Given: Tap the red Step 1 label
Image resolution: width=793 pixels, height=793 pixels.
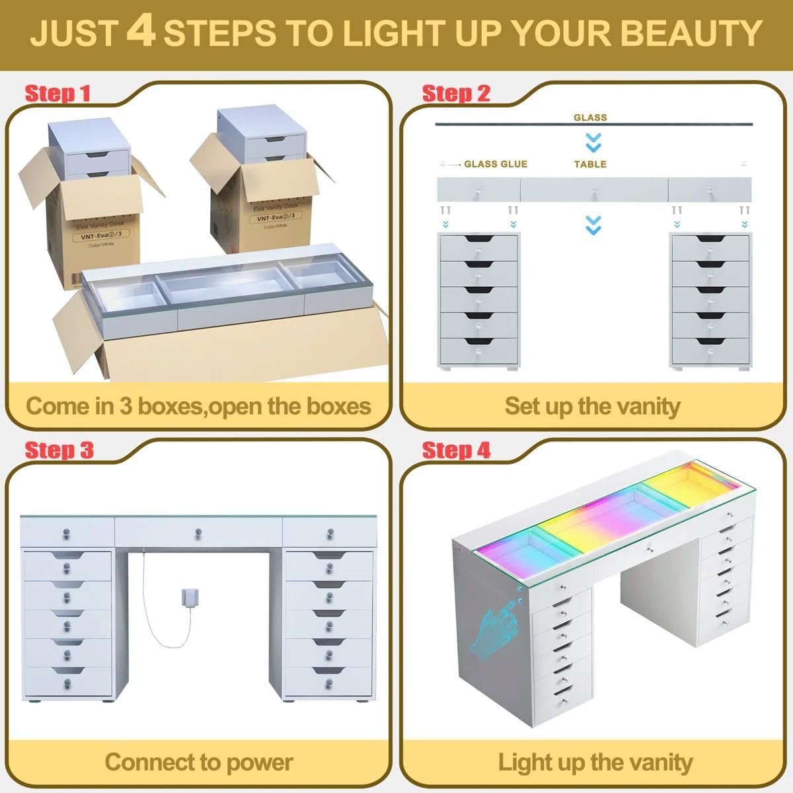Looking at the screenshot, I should coord(57,94).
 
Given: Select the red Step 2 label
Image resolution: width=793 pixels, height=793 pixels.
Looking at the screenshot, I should coord(456,94).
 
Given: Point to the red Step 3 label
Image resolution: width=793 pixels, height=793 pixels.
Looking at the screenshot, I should coord(59,451).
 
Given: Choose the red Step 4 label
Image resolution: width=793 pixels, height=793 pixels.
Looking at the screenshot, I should coord(456,451).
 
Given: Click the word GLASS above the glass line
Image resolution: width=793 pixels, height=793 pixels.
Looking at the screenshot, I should coord(590,118).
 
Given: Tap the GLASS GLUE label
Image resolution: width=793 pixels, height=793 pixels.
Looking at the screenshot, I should coord(495,164).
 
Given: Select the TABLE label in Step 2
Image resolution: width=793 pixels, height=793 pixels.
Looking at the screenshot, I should coord(590,164).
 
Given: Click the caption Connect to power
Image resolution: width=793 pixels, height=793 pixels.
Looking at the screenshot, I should coord(198,762).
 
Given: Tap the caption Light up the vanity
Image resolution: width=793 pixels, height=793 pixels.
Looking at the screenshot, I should coord(595,762).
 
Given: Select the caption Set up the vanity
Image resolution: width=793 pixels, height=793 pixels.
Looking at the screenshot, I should coord(592,406).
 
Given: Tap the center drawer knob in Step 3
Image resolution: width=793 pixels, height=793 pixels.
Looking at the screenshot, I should coord(198,532).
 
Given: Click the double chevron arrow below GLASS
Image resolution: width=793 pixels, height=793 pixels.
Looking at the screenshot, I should coord(593,142).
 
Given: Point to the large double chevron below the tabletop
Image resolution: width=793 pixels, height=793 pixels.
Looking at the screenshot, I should coord(593,225).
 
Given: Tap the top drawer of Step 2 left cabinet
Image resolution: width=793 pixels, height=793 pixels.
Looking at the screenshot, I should coord(478,246).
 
